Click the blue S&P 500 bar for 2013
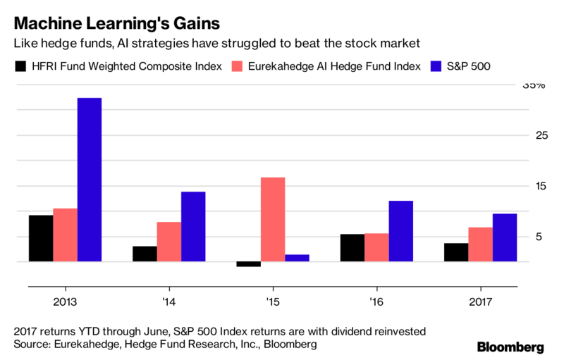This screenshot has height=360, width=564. [90, 180]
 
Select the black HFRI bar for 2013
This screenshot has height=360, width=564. [41, 238]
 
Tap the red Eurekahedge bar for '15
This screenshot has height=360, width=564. [273, 219]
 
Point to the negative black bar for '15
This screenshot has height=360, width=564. [248, 264]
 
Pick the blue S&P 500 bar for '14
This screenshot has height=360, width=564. [193, 226]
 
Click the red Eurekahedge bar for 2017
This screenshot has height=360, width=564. [480, 244]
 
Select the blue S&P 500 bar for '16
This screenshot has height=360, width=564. [400, 231]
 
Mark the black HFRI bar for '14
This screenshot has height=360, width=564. [145, 254]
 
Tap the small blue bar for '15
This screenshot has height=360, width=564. [297, 258]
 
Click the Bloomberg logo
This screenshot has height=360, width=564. [510, 347]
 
